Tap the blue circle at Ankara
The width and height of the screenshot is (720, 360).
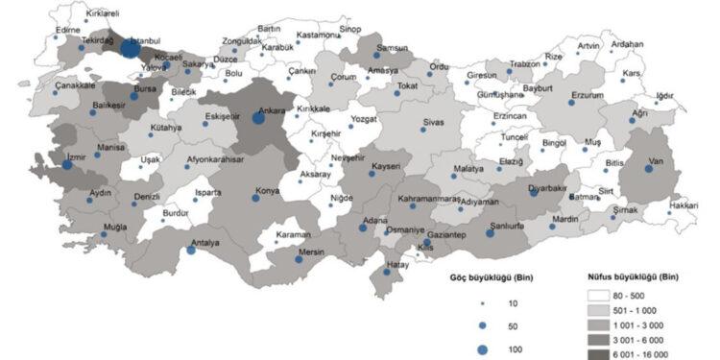258,119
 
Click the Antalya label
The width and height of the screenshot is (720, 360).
204,243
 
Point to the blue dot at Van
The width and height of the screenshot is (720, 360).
649,169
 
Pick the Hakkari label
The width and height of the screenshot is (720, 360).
683,205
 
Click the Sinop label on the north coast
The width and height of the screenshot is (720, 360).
349,30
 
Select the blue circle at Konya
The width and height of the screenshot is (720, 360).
256,198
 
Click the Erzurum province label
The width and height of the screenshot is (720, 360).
586,96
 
